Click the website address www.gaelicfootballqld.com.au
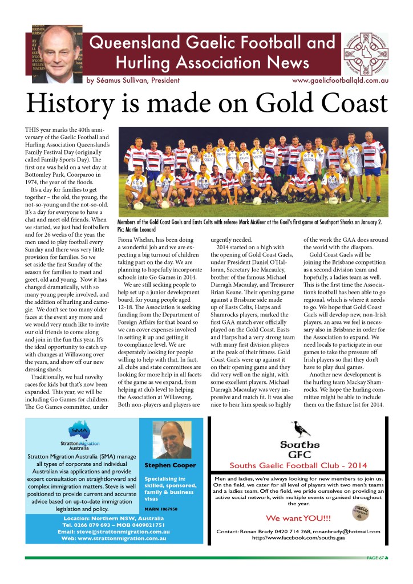click(x=340, y=81)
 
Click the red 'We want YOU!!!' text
click(x=298, y=518)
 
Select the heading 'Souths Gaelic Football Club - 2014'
click(x=298, y=465)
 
